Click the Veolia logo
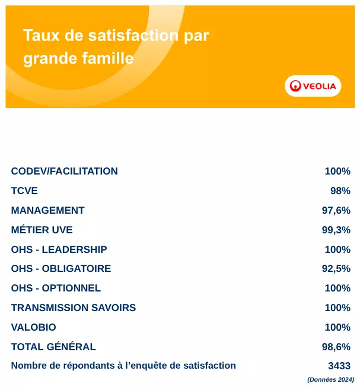click(x=313, y=86)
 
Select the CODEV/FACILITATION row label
click(x=64, y=172)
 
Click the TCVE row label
click(x=24, y=191)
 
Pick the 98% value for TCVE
click(x=340, y=191)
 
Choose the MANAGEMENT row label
click(x=47, y=211)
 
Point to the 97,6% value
click(x=336, y=211)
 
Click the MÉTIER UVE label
click(x=42, y=230)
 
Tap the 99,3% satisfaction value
click(x=336, y=230)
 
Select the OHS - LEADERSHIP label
click(x=59, y=249)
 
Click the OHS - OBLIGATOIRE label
click(x=60, y=269)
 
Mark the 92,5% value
click(x=336, y=269)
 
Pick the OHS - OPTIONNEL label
click(x=56, y=288)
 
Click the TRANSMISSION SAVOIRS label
click(x=73, y=308)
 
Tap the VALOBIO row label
click(x=33, y=328)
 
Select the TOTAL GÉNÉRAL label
click(x=53, y=347)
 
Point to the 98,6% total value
click(x=336, y=347)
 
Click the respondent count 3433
click(x=339, y=366)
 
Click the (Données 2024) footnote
click(x=330, y=380)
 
